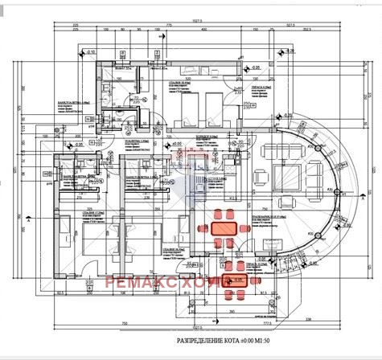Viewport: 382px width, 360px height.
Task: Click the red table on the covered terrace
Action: click(237, 280)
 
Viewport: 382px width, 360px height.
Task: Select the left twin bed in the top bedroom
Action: click(191, 104)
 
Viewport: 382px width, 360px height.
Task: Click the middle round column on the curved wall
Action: click(338, 191)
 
